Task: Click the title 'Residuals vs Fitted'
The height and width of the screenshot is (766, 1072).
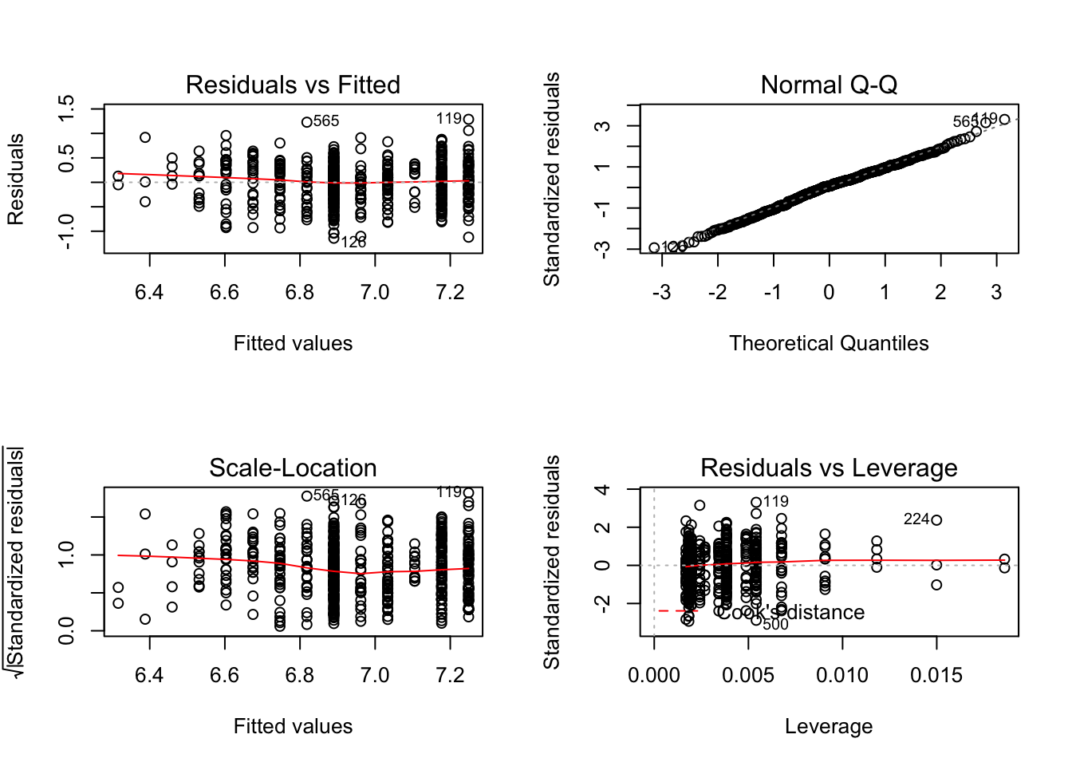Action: pyautogui.click(x=293, y=85)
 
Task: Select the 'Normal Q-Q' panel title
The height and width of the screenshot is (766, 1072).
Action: pyautogui.click(x=829, y=85)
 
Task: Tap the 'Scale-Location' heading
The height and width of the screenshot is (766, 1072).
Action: pyautogui.click(x=293, y=468)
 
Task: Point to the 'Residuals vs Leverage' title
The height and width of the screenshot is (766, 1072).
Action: pyautogui.click(x=829, y=468)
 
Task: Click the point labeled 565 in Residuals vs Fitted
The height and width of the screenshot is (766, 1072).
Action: pyautogui.click(x=306, y=122)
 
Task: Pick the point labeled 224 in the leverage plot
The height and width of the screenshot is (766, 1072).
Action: pyautogui.click(x=936, y=520)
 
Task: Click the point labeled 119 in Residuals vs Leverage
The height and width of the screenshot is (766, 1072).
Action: pyautogui.click(x=756, y=503)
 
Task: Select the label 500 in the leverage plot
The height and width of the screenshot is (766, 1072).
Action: pyautogui.click(x=775, y=625)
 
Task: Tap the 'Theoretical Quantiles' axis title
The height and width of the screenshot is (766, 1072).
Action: pyautogui.click(x=829, y=343)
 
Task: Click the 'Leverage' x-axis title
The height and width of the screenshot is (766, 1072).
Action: pyautogui.click(x=829, y=726)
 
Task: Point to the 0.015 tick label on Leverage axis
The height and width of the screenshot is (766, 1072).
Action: pyautogui.click(x=936, y=676)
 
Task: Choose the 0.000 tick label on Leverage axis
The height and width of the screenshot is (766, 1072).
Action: pyautogui.click(x=654, y=676)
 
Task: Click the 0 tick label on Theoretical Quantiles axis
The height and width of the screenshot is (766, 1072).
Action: pyautogui.click(x=829, y=293)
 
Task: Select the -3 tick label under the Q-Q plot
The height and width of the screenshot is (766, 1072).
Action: pyautogui.click(x=661, y=293)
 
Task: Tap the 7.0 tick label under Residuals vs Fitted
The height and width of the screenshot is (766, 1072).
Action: pyautogui.click(x=375, y=293)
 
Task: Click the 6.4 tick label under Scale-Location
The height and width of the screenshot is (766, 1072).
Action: pyautogui.click(x=149, y=676)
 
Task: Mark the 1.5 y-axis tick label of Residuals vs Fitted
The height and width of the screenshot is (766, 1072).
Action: pyautogui.click(x=67, y=109)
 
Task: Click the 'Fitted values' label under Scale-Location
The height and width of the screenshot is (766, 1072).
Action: pyautogui.click(x=293, y=726)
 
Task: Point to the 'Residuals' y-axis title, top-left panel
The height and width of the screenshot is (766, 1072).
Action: pyautogui.click(x=16, y=180)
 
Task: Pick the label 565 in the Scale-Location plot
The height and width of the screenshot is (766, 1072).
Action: pyautogui.click(x=326, y=496)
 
